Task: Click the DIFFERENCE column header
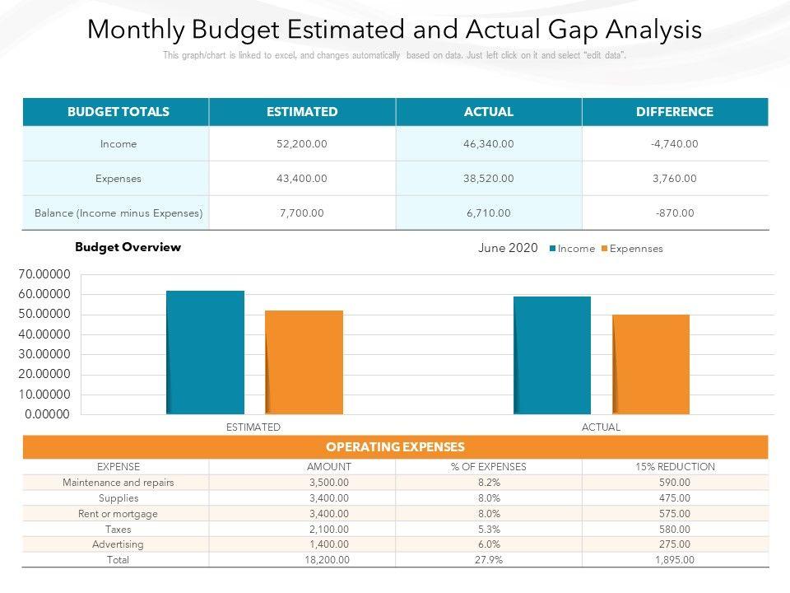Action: (x=674, y=112)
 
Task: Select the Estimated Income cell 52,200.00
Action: (x=302, y=144)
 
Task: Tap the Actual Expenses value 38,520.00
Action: (x=488, y=178)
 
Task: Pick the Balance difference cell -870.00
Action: (x=674, y=212)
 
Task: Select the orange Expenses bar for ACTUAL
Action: (x=651, y=364)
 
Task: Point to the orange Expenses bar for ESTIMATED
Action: (x=304, y=362)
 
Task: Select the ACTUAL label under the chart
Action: (x=601, y=427)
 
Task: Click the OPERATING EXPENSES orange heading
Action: (x=395, y=447)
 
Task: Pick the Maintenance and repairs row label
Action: (x=118, y=483)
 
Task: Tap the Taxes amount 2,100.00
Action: (x=329, y=529)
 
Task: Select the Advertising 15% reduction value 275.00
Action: (x=675, y=544)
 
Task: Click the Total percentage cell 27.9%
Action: (x=488, y=560)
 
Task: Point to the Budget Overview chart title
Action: (x=128, y=247)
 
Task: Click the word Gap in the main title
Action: (x=573, y=30)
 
